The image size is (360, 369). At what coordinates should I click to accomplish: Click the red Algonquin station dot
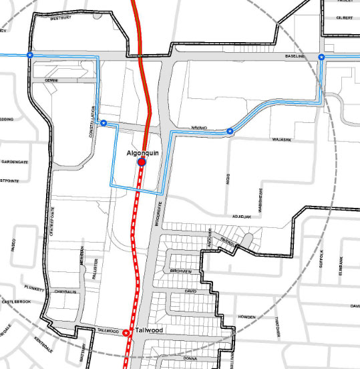pyautogui.click(x=142, y=162)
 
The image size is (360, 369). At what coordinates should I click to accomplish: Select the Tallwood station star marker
pyautogui.click(x=126, y=332)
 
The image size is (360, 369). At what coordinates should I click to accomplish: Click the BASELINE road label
pyautogui.click(x=295, y=57)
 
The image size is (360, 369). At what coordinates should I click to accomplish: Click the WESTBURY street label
pyautogui.click(x=61, y=19)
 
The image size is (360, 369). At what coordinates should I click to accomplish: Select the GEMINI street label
pyautogui.click(x=51, y=80)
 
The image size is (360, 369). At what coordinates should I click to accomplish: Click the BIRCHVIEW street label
pyautogui.click(x=181, y=272)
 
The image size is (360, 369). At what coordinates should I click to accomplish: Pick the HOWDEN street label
pyautogui.click(x=247, y=317)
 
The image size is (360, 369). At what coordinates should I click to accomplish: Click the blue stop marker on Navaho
pyautogui.click(x=230, y=131)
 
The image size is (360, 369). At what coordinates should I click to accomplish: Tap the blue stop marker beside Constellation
pyautogui.click(x=104, y=123)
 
